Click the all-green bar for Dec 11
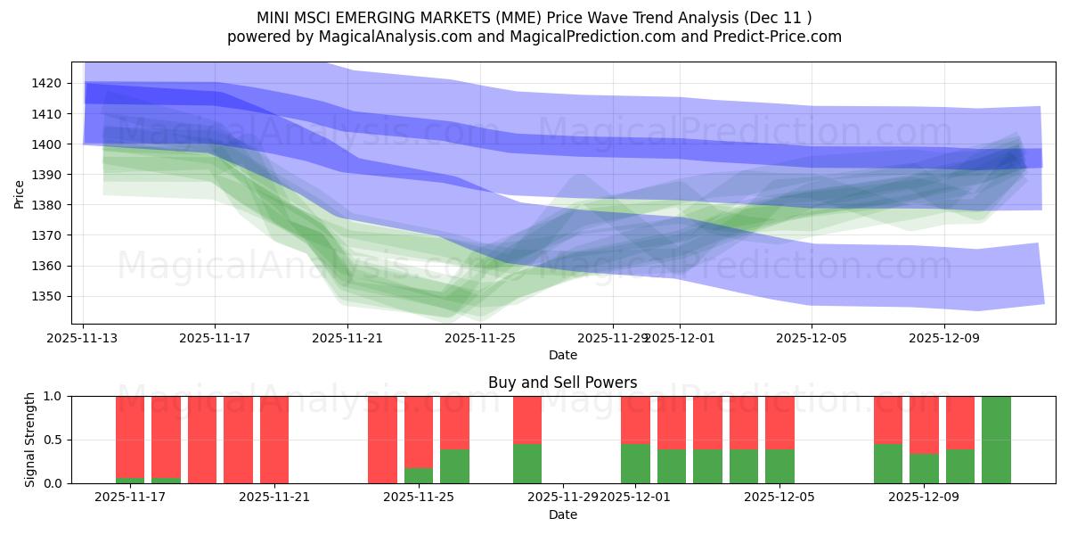tap(996, 440)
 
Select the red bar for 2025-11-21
tap(273, 440)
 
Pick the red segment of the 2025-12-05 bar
tap(779, 423)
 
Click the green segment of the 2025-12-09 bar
tap(924, 469)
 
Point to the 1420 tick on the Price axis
tap(55, 84)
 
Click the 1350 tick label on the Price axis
tap(55, 296)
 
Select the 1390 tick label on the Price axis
tap(55, 175)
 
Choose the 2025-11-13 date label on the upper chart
tap(84, 339)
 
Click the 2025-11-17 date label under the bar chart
tap(130, 498)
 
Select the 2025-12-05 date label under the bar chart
tap(779, 498)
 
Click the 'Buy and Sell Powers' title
tap(562, 383)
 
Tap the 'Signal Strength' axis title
tap(30, 440)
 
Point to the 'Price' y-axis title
tap(19, 194)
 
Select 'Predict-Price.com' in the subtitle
tap(780, 37)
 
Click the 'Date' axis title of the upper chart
tap(562, 355)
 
